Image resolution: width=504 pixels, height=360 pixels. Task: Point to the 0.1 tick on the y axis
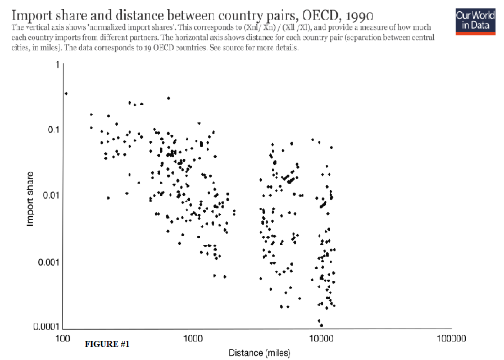[x=53, y=130]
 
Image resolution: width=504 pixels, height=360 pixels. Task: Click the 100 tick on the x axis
[x=62, y=339]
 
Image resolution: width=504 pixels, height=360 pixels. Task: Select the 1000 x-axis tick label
[x=192, y=339]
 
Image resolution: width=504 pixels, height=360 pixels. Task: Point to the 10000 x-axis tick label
[x=321, y=339]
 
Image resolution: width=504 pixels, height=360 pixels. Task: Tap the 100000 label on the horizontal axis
[x=452, y=339]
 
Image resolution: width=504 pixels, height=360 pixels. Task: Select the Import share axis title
[x=31, y=198]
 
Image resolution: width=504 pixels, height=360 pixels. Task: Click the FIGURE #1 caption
[x=107, y=344]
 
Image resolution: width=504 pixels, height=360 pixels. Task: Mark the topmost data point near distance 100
[x=66, y=93]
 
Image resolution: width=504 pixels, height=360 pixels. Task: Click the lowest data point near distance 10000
[x=321, y=325]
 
